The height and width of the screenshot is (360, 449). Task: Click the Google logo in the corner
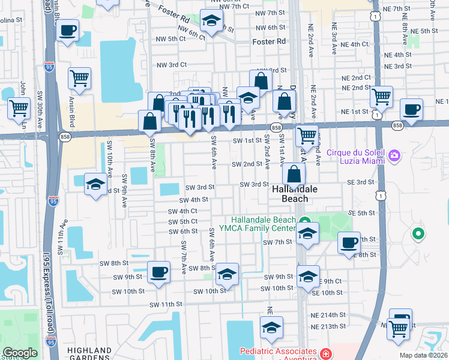point(20,353)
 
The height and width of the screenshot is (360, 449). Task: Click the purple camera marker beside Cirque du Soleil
point(394,156)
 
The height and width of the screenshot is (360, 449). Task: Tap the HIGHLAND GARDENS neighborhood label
point(89,354)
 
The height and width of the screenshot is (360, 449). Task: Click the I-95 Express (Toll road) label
point(49,306)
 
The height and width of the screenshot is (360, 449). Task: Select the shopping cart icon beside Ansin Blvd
point(79,78)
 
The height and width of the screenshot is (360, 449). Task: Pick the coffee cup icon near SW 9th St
point(159,274)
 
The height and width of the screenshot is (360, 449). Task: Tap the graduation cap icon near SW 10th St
point(227,274)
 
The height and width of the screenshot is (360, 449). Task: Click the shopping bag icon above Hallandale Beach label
point(294,175)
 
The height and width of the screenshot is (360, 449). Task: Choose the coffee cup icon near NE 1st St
point(411,110)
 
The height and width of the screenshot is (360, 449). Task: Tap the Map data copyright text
point(423,355)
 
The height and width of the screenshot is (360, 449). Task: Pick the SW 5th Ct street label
point(183,221)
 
